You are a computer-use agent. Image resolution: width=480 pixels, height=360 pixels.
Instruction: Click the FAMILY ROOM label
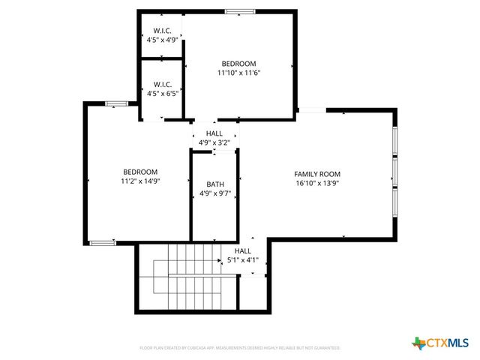pyautogui.click(x=317, y=174)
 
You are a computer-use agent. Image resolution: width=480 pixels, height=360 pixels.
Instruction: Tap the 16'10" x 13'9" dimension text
pyautogui.click(x=317, y=183)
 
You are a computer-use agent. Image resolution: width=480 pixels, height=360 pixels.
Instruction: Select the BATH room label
pyautogui.click(x=215, y=184)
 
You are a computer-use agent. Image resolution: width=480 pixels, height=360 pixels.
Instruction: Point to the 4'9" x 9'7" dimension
pyautogui.click(x=215, y=193)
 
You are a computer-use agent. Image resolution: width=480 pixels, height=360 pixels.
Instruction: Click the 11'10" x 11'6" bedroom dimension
pyautogui.click(x=238, y=73)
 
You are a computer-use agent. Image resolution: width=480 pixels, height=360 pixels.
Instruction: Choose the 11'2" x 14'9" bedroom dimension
pyautogui.click(x=140, y=181)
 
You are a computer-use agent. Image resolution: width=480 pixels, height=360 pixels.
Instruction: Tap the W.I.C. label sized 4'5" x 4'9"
pyautogui.click(x=163, y=31)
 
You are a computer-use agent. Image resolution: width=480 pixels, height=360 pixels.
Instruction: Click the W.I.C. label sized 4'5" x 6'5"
pyautogui.click(x=163, y=84)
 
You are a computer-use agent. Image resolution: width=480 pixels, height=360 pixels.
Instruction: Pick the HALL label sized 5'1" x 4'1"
pyautogui.click(x=242, y=251)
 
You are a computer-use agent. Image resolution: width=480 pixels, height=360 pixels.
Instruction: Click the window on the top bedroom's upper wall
pyautogui.click(x=240, y=11)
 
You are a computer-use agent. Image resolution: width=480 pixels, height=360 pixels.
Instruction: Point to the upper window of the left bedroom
pyautogui.click(x=115, y=103)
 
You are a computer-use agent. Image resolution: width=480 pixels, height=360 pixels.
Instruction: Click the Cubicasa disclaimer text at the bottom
pyautogui.click(x=240, y=348)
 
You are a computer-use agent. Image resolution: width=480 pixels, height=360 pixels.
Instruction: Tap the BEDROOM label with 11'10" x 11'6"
pyautogui.click(x=238, y=64)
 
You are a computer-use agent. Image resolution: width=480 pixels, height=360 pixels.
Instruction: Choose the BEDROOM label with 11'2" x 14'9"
pyautogui.click(x=140, y=172)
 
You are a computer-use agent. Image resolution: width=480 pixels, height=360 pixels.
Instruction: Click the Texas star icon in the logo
pyautogui.click(x=418, y=343)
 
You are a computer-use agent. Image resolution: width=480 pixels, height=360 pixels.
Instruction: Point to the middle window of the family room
pyautogui.click(x=394, y=170)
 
